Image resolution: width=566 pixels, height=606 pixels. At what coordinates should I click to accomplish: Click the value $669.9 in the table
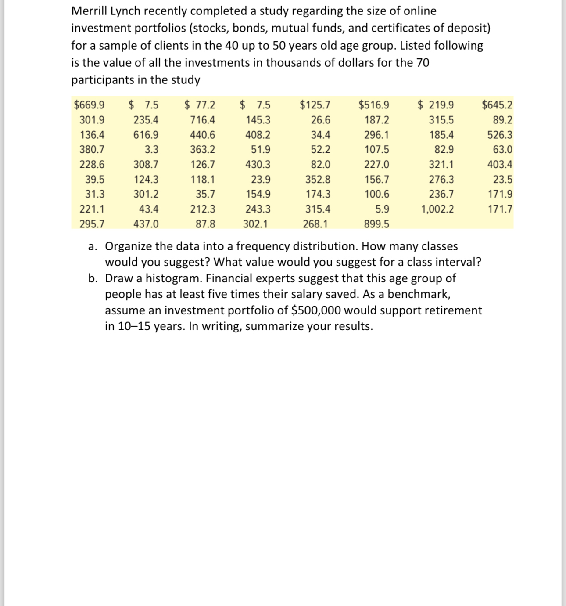90,105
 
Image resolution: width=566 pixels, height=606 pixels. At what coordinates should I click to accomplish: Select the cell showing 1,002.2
437,209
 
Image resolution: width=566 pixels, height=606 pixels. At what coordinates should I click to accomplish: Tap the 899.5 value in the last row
376,224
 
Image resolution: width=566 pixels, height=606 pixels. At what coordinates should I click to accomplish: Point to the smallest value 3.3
151,150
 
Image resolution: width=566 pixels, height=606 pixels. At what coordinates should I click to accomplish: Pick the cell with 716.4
202,120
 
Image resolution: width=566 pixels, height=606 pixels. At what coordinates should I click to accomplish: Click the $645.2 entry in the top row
497,105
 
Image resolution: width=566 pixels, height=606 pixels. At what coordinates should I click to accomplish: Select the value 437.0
146,224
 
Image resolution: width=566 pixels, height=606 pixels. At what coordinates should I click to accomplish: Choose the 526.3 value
500,135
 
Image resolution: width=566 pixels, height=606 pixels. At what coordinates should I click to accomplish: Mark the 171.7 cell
500,209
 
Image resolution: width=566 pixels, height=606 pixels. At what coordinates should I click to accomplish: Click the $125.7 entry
315,105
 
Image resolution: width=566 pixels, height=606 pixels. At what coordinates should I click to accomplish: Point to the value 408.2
258,135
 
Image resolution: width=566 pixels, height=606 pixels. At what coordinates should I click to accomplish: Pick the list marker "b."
93,278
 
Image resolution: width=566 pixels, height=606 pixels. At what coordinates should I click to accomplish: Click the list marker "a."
93,246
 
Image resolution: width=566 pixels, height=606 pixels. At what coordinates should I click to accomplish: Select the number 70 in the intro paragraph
423,63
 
